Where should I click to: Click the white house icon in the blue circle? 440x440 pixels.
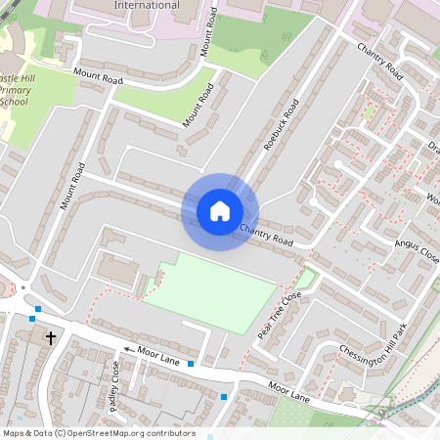pos(220,211)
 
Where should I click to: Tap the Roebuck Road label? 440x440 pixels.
pos(281,125)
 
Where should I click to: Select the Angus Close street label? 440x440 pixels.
pos(416,249)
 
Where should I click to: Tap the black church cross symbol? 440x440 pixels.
pos(51,338)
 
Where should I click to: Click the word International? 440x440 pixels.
pos(146,5)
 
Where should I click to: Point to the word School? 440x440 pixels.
pos(14,101)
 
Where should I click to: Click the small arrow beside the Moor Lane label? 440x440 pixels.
pos(126,349)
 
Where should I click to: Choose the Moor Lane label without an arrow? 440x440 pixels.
pos(288,395)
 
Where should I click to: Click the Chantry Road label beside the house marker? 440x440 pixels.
pos(267,236)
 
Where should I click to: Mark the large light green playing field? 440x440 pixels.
pos(220,291)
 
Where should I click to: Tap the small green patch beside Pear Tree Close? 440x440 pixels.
pos(305,280)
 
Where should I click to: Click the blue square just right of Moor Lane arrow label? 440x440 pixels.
pos(191,364)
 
